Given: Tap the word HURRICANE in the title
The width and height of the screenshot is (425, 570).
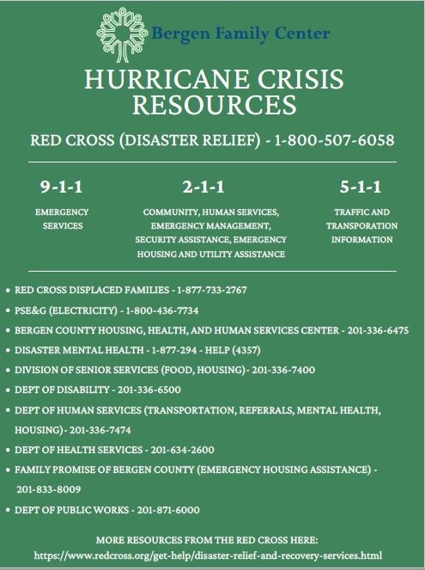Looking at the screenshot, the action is tap(153, 81).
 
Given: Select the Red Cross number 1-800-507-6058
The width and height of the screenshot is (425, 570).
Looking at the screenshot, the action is tap(334, 140).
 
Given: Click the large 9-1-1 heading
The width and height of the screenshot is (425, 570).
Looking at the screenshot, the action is tap(61, 187).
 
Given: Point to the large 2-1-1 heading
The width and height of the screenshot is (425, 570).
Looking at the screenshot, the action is tap(203, 187).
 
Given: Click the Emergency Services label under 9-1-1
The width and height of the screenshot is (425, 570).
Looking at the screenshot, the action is tap(61, 218).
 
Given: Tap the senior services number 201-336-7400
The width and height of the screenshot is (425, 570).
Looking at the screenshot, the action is tap(283, 370).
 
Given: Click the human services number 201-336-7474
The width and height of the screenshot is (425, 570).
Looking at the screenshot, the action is tap(108, 429).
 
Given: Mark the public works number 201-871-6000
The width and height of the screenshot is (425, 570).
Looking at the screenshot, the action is tap(167, 509).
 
